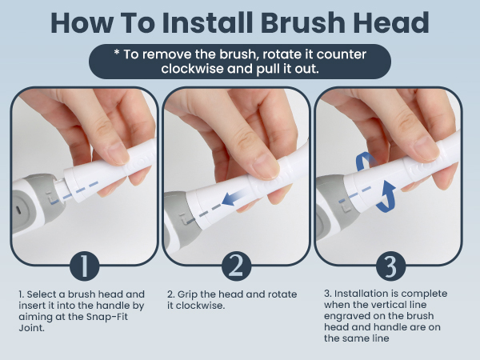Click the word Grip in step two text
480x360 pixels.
(x=192, y=294)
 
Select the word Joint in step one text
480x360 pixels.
(x=31, y=326)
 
